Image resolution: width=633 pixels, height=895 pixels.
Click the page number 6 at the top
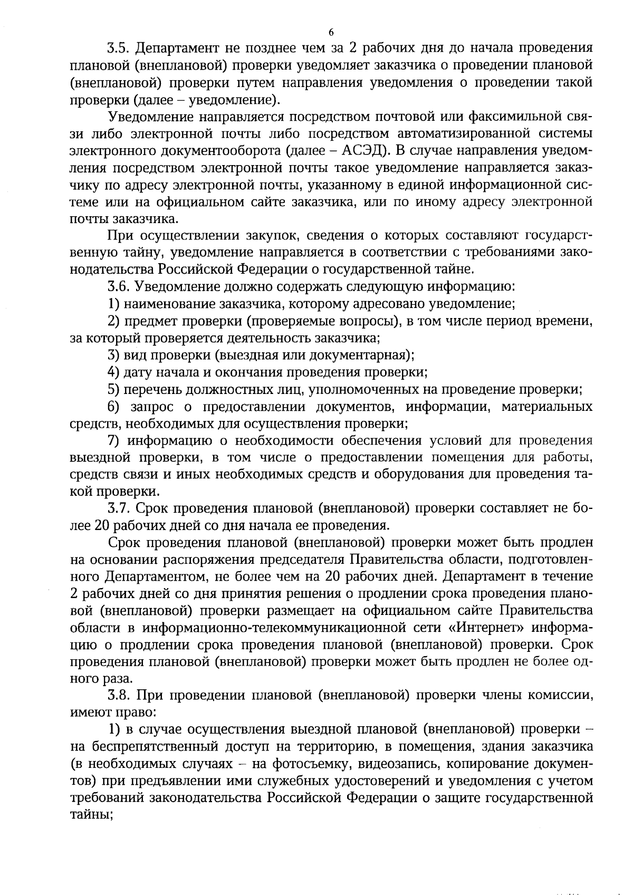(331, 32)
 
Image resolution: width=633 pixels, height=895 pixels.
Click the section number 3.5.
(119, 48)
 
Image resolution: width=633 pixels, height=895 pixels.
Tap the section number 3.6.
(119, 287)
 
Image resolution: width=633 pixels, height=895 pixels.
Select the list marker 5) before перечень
(114, 389)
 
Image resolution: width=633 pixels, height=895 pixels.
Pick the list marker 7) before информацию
(114, 441)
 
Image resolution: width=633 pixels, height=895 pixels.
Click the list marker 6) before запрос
(114, 407)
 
